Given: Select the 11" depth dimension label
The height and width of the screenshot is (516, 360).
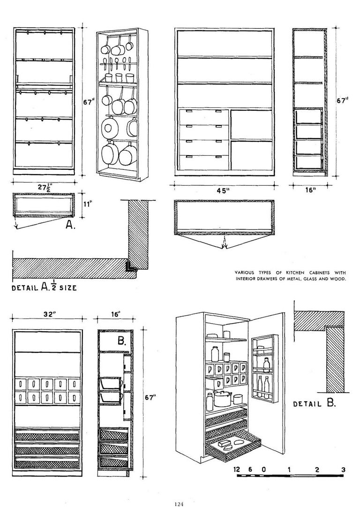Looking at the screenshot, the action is [x=86, y=204].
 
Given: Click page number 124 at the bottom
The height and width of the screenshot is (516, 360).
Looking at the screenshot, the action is [x=179, y=504].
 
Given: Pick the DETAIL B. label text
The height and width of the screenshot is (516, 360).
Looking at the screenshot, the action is [x=315, y=403].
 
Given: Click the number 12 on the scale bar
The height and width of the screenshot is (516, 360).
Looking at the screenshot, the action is [x=237, y=469].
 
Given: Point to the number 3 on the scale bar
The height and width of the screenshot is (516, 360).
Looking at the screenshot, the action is [x=343, y=470].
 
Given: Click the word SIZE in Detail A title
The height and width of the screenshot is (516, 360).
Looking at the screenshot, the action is [x=68, y=288].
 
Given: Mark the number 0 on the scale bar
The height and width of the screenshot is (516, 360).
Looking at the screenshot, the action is [x=263, y=470].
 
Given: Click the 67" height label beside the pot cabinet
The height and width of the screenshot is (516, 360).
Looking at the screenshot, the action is [x=89, y=102].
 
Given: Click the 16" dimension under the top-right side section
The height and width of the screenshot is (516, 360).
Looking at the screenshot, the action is [x=310, y=190].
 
